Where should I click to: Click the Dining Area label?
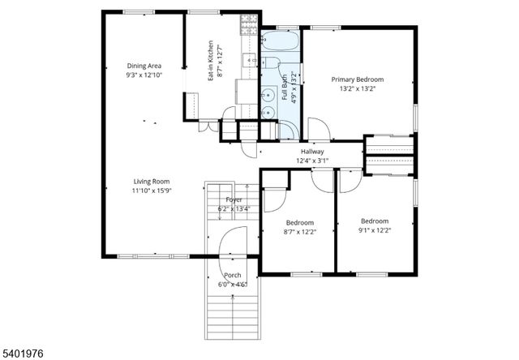click(x=144, y=65)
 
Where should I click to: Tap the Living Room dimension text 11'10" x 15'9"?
click(x=152, y=191)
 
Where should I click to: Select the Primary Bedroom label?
click(x=358, y=79)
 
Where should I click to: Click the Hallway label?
click(x=312, y=152)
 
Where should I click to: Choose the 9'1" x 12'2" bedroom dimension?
click(x=374, y=230)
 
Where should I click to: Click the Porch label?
click(x=233, y=275)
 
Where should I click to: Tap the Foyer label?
click(x=234, y=199)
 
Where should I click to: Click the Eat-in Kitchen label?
click(x=210, y=60)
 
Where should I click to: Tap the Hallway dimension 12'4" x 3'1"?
click(x=311, y=161)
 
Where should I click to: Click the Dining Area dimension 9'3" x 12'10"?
click(x=144, y=75)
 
